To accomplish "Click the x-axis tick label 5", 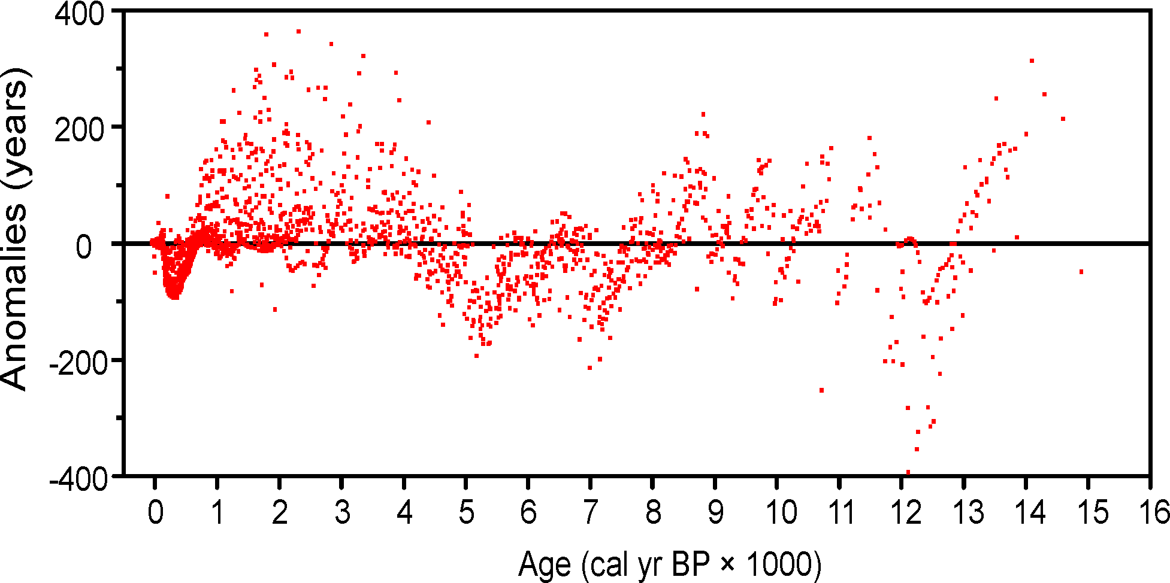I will coord(466,512).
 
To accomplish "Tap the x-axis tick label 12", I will coord(905,512).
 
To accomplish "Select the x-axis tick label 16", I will coord(1154,512).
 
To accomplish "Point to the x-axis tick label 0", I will coord(155,512).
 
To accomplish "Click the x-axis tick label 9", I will coord(715,512).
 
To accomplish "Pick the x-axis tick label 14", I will coord(1030,512).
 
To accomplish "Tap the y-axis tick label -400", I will coord(80,479).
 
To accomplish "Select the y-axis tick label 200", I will coord(80,130).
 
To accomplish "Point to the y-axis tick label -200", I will coord(80,363).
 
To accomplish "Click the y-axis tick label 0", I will coord(84,247).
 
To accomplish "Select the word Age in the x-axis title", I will coord(544,564).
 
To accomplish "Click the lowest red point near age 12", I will coord(908,472).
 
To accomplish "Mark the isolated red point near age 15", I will coord(1081,272).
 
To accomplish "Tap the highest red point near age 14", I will coord(1032,61).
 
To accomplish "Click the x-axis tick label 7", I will coord(591,512).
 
